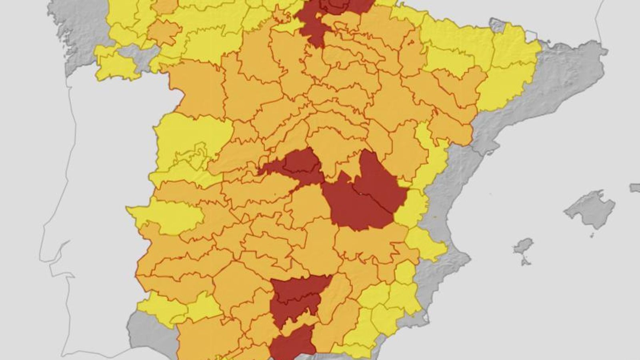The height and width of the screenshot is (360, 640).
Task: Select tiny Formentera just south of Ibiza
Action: tap(524, 262)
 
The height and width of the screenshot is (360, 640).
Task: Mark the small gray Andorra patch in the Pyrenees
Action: tap(498, 25)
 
